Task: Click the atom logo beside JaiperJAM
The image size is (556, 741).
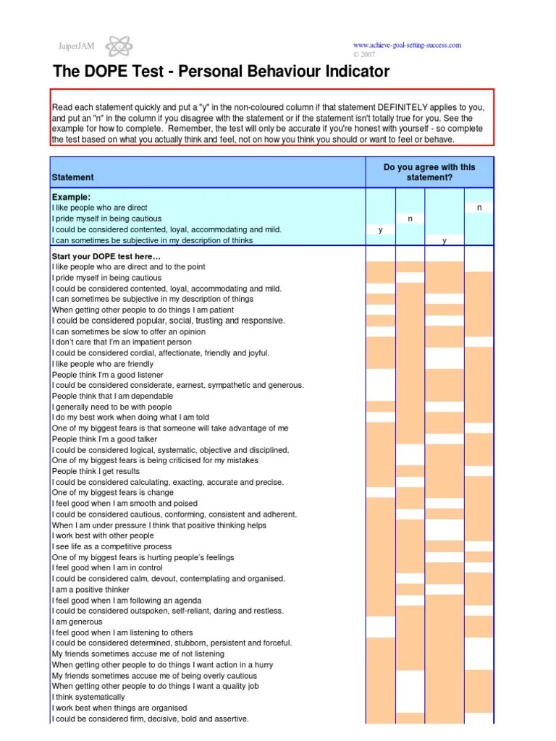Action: point(119,47)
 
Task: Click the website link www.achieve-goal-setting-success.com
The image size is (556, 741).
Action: point(406,45)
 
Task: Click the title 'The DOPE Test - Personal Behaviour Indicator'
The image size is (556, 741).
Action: point(221,72)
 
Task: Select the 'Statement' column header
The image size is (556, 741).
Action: point(72,177)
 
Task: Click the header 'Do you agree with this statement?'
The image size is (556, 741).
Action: point(429,172)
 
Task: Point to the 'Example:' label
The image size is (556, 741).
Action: point(71,197)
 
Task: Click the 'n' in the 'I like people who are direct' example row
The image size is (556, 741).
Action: point(479,208)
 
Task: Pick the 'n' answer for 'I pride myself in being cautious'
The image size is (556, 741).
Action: point(410,219)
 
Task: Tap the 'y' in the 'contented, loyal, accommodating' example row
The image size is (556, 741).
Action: point(380,230)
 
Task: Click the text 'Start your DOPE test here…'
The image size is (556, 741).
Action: point(106,256)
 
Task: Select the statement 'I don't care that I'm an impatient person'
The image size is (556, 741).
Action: point(122,342)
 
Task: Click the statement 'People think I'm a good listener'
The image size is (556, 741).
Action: point(107,375)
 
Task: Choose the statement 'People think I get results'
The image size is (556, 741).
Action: point(96,471)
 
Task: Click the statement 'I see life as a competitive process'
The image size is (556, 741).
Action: point(111,547)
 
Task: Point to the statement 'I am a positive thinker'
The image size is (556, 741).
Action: point(90,590)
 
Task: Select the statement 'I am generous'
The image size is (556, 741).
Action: point(77,622)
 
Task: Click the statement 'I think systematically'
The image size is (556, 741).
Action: point(88,697)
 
